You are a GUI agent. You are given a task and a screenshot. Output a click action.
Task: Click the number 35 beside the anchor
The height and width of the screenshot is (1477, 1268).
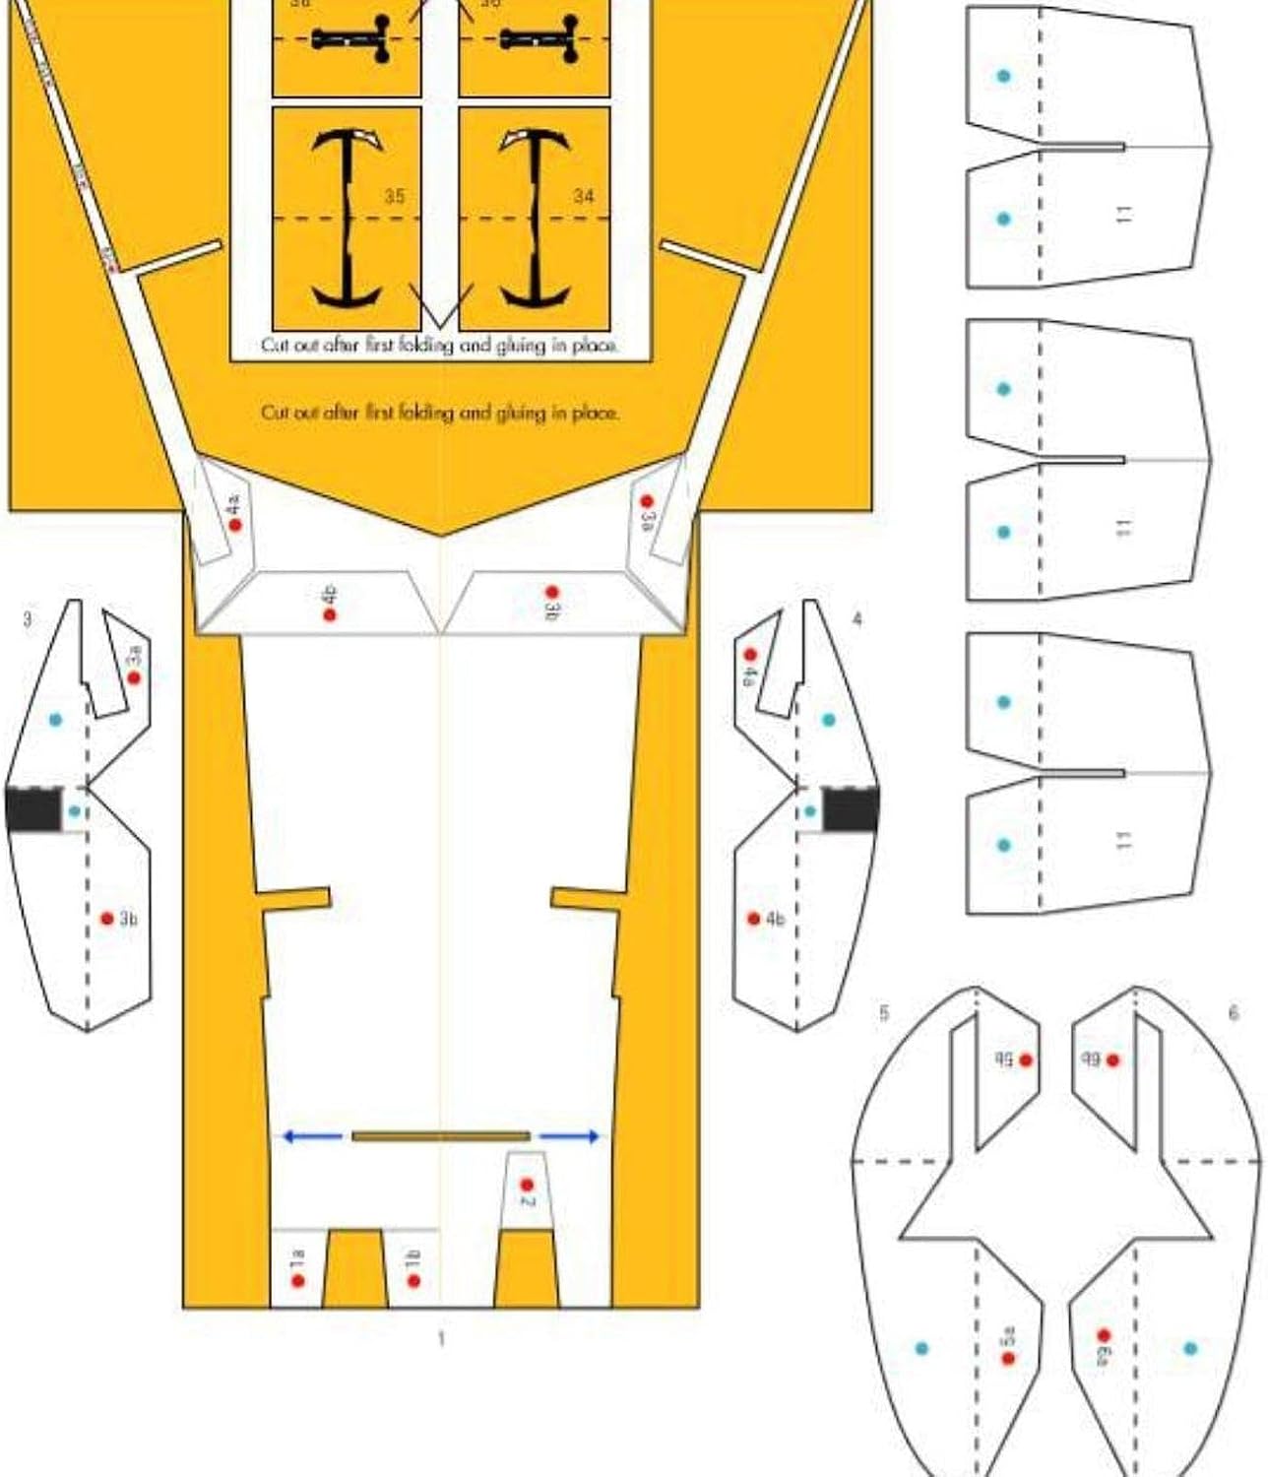click(394, 196)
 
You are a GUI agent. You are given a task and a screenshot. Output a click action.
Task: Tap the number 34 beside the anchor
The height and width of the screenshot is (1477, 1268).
click(584, 196)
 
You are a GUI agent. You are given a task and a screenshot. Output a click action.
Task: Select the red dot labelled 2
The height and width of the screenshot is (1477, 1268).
click(527, 1185)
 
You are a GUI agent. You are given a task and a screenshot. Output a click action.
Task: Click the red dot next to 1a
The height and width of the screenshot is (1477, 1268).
click(298, 1280)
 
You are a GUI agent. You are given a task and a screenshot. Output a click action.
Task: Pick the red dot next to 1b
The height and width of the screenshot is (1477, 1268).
click(413, 1280)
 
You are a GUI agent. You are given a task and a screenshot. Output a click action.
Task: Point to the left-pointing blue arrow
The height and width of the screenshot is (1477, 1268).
click(312, 1136)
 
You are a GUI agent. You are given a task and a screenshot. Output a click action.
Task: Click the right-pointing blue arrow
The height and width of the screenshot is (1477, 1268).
click(569, 1136)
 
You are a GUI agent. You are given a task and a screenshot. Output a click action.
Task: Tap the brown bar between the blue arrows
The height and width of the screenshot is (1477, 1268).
click(440, 1136)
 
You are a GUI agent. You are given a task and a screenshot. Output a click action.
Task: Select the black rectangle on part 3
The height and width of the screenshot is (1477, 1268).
click(32, 809)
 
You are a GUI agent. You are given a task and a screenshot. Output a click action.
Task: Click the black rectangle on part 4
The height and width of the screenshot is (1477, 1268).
click(851, 809)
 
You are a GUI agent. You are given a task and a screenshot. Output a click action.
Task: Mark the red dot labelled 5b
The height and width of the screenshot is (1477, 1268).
click(1026, 1060)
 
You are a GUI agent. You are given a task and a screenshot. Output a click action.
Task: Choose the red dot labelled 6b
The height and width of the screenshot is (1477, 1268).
click(1112, 1060)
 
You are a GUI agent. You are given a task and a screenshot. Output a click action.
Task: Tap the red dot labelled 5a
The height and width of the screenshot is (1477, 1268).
click(1008, 1358)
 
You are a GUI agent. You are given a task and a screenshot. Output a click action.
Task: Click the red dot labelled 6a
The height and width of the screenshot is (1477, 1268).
click(1104, 1336)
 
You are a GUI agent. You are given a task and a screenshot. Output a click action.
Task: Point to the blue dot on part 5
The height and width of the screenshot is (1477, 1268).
click(921, 1348)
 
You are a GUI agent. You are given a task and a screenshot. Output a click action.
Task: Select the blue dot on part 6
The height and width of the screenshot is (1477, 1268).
click(1190, 1348)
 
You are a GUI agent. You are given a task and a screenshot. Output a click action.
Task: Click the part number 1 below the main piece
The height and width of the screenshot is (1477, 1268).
click(441, 1338)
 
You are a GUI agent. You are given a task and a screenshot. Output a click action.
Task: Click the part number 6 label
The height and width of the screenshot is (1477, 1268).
click(1234, 1012)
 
